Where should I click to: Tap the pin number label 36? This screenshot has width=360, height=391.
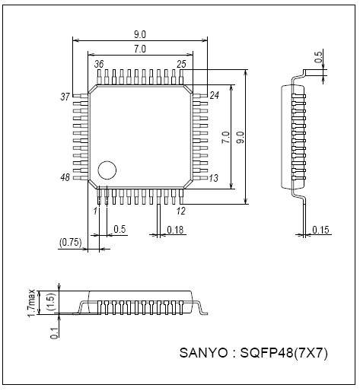99,65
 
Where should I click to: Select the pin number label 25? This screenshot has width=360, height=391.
181,65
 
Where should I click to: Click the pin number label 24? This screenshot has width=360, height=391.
214,95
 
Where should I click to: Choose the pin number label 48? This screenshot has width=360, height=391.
65,177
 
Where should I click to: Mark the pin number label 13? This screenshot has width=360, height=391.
214,178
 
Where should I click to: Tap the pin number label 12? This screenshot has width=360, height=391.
181,210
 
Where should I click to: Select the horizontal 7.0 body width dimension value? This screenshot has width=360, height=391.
139,49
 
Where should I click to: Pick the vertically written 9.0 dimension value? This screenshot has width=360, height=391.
241,138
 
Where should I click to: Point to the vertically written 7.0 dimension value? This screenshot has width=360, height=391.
225,138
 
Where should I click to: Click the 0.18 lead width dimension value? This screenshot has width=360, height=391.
176,229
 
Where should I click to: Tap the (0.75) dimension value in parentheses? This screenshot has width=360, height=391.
70,243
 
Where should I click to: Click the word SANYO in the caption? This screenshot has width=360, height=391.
203,353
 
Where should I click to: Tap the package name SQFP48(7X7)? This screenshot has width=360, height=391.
282,353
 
